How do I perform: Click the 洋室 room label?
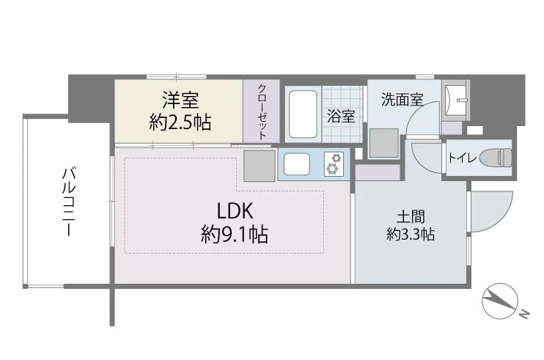pyautogui.click(x=180, y=100)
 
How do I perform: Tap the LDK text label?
pyautogui.click(x=235, y=211)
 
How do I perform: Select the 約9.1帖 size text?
pyautogui.click(x=235, y=234)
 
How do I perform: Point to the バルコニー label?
pyautogui.click(x=70, y=202)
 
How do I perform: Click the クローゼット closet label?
pyautogui.click(x=262, y=111)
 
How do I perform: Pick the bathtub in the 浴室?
pyautogui.click(x=303, y=114)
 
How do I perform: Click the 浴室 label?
pyautogui.click(x=341, y=116)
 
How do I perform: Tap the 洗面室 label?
pyautogui.click(x=402, y=100)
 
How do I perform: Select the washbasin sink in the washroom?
pyautogui.click(x=456, y=100)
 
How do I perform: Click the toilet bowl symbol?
pyautogui.click(x=496, y=158)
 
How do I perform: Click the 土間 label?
pyautogui.click(x=411, y=217)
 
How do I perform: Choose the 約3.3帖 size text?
pyautogui.click(x=411, y=235)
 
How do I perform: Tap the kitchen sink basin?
pyautogui.click(x=297, y=164)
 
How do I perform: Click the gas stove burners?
pyautogui.click(x=334, y=164)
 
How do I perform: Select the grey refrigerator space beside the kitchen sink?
pyautogui.click(x=259, y=166)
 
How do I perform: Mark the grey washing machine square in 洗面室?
pyautogui.click(x=383, y=143)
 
